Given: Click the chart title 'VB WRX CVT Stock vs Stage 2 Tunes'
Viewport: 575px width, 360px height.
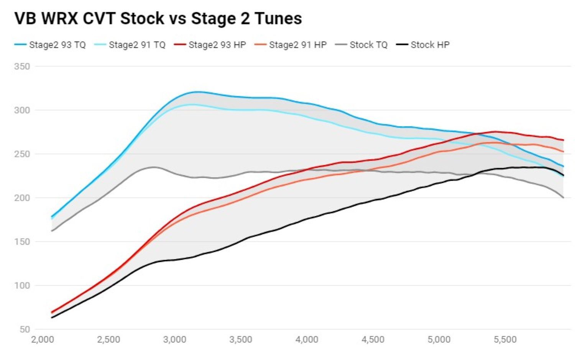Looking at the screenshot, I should (x=158, y=18).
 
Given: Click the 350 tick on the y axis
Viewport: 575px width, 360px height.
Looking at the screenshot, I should (x=22, y=66).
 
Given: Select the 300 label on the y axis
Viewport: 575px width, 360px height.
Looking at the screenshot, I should (x=22, y=110).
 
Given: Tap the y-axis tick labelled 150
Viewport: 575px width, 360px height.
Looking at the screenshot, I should (x=22, y=242).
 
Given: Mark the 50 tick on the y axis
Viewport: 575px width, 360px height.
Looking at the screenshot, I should (x=24, y=329).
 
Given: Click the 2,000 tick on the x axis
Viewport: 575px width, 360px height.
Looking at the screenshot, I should (x=42, y=340).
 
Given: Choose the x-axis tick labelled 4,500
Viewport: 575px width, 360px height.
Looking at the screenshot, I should (x=373, y=340).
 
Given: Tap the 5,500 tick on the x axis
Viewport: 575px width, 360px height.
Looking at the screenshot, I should (x=505, y=340).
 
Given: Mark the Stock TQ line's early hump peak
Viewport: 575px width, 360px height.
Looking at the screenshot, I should (x=153, y=167).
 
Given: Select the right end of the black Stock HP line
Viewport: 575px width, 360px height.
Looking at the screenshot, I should (x=563, y=175).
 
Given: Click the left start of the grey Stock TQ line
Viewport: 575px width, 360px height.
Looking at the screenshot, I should (x=52, y=231).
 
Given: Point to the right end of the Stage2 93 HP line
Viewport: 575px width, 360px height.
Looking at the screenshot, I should (x=563, y=140).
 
